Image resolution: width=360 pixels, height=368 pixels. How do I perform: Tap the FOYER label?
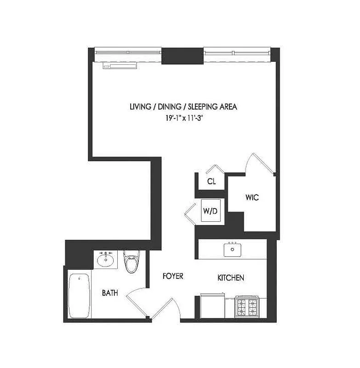[x=173, y=276]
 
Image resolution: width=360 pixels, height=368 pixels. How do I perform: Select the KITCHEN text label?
[x=230, y=278]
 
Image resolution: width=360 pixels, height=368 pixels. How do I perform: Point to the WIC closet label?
[x=252, y=198]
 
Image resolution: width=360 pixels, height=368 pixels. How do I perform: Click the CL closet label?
[x=211, y=181]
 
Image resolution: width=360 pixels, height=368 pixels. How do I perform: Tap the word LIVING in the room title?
[x=141, y=107]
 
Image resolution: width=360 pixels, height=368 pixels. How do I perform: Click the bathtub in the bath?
[x=79, y=296]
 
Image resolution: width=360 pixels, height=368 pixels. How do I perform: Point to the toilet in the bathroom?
[x=131, y=262]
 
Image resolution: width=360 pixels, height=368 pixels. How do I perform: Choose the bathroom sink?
[x=106, y=260]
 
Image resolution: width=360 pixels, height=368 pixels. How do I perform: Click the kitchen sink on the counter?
[x=233, y=250]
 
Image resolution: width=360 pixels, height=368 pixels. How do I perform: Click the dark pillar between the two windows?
[x=183, y=56]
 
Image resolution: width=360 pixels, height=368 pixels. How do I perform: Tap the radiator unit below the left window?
[x=120, y=66]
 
